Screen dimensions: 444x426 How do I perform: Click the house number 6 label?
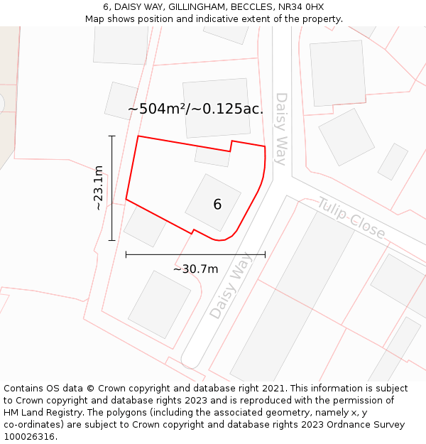217,205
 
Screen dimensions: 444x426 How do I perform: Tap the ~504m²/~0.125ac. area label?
195,109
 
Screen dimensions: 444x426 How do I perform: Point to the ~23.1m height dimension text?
99,188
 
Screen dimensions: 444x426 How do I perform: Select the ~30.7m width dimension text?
195,269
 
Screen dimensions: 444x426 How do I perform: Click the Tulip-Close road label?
351,218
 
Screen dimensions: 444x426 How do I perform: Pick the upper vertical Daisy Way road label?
281,129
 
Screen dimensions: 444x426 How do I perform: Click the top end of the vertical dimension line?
111,136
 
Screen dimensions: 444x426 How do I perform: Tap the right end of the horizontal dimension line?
265,254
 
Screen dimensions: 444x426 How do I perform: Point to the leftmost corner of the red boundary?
126,199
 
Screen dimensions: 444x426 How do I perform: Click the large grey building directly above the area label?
217,108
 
